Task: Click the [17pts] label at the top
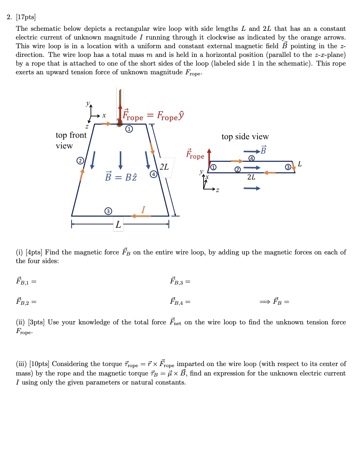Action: point(26,17)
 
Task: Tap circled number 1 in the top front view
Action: point(129,129)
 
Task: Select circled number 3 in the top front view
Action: point(108,211)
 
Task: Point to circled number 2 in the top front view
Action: point(80,161)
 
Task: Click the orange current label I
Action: point(143,210)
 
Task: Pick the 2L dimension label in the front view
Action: point(164,167)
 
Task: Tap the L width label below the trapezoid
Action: point(118,225)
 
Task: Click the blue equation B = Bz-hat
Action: point(121,177)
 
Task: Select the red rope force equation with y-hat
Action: point(153,116)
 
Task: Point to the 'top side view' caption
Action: point(245,137)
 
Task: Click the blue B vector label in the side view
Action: point(263,150)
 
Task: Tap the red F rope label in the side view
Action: point(195,154)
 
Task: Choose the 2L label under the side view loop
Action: point(251,177)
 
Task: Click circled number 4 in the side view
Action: point(251,158)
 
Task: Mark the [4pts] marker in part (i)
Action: point(34,252)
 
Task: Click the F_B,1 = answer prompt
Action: point(26,281)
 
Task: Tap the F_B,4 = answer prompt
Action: point(180,302)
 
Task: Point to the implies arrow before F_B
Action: point(265,302)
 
